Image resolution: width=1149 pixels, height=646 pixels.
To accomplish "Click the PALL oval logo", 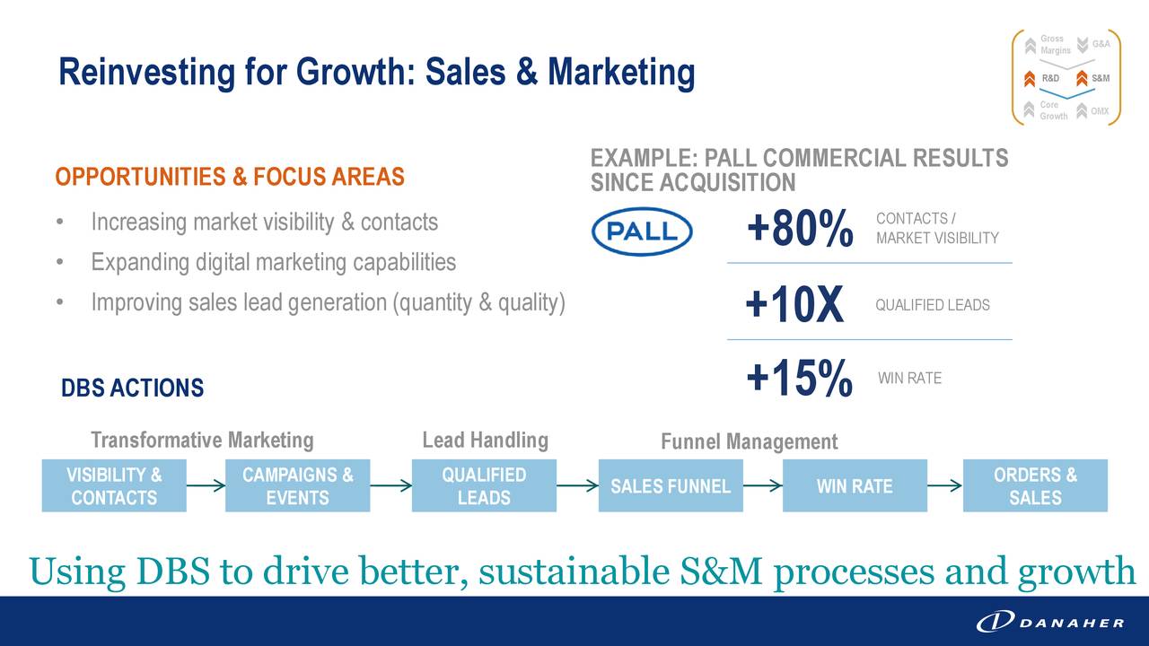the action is (x=642, y=231).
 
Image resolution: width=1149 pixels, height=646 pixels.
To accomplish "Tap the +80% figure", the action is (x=800, y=228).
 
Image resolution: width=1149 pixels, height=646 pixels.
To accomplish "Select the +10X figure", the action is (x=794, y=304).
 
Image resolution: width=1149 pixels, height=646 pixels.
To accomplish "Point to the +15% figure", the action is (x=800, y=379).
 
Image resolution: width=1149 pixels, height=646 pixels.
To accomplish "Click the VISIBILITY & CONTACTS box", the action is (x=114, y=485).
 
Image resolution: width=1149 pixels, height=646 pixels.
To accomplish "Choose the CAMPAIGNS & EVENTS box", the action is (x=297, y=485).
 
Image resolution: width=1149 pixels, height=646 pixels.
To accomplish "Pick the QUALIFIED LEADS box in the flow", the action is (x=484, y=485).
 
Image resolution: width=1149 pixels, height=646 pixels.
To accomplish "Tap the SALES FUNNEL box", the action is (x=671, y=485).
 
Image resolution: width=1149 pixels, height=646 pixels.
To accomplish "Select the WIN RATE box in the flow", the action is (x=855, y=485).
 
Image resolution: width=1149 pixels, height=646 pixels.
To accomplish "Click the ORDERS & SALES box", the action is (x=1035, y=485).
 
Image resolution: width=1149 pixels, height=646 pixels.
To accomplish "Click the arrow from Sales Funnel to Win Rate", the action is (x=763, y=485).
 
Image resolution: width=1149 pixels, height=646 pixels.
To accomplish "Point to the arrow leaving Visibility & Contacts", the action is (x=206, y=485).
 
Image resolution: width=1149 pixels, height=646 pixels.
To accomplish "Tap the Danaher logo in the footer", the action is (x=1050, y=623).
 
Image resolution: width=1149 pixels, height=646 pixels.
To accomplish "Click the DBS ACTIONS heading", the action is (x=132, y=388).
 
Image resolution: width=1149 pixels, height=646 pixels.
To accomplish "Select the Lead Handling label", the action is (x=486, y=441).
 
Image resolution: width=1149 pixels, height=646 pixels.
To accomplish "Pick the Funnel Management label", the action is (x=749, y=441).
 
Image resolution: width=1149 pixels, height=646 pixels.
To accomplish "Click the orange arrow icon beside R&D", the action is (x=1030, y=79).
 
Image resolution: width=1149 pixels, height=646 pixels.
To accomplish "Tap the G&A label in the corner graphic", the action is (x=1101, y=44).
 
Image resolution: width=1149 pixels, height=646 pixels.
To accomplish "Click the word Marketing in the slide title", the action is (x=621, y=73).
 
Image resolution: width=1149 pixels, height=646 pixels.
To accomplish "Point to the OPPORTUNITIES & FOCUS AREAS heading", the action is (x=230, y=177).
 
